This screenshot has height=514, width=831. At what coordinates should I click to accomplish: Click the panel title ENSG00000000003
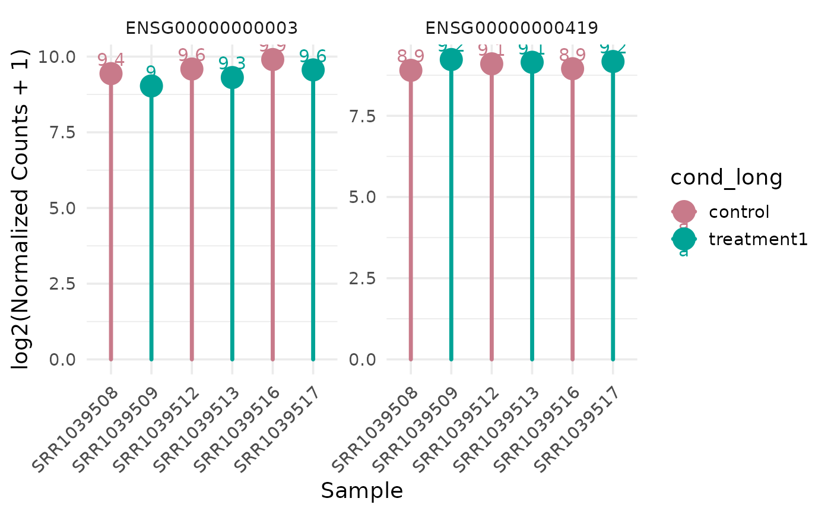pos(211,28)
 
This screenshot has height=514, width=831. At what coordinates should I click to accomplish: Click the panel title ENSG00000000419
pos(511,28)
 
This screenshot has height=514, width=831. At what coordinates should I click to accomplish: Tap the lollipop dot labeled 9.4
pos(111,74)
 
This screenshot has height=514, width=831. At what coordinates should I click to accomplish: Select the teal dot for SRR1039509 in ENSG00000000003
pos(151,87)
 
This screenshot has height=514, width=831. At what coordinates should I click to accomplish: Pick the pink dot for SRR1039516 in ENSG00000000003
pos(272,59)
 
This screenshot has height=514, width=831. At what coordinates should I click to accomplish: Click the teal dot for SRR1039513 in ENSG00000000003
pos(232,77)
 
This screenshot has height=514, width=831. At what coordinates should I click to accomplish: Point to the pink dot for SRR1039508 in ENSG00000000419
pos(411,71)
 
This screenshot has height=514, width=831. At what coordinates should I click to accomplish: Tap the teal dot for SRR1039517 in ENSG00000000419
pos(613,61)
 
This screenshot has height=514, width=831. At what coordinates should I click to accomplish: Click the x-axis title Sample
pos(362,491)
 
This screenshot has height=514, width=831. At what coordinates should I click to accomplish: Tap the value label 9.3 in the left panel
pos(232,62)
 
